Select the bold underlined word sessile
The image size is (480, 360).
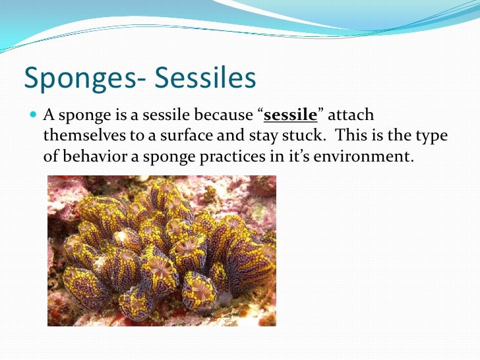pos(290,117)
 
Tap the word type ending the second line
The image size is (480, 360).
pos(432,137)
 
